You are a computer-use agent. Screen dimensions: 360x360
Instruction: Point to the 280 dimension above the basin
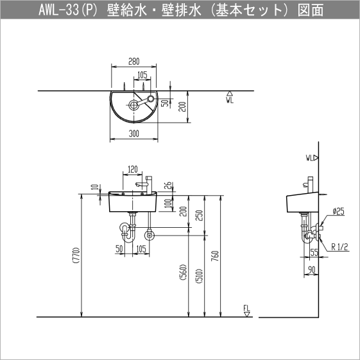133,62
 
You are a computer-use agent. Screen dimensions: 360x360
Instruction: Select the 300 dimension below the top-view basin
133,134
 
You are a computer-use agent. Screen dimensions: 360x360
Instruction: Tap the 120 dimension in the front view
133,170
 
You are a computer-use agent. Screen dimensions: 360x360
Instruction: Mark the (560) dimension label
183,275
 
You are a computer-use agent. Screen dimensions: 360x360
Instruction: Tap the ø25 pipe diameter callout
339,211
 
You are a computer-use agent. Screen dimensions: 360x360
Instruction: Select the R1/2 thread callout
340,245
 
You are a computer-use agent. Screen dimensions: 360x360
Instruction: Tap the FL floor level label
246,309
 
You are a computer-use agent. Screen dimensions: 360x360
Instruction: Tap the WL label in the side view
311,157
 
